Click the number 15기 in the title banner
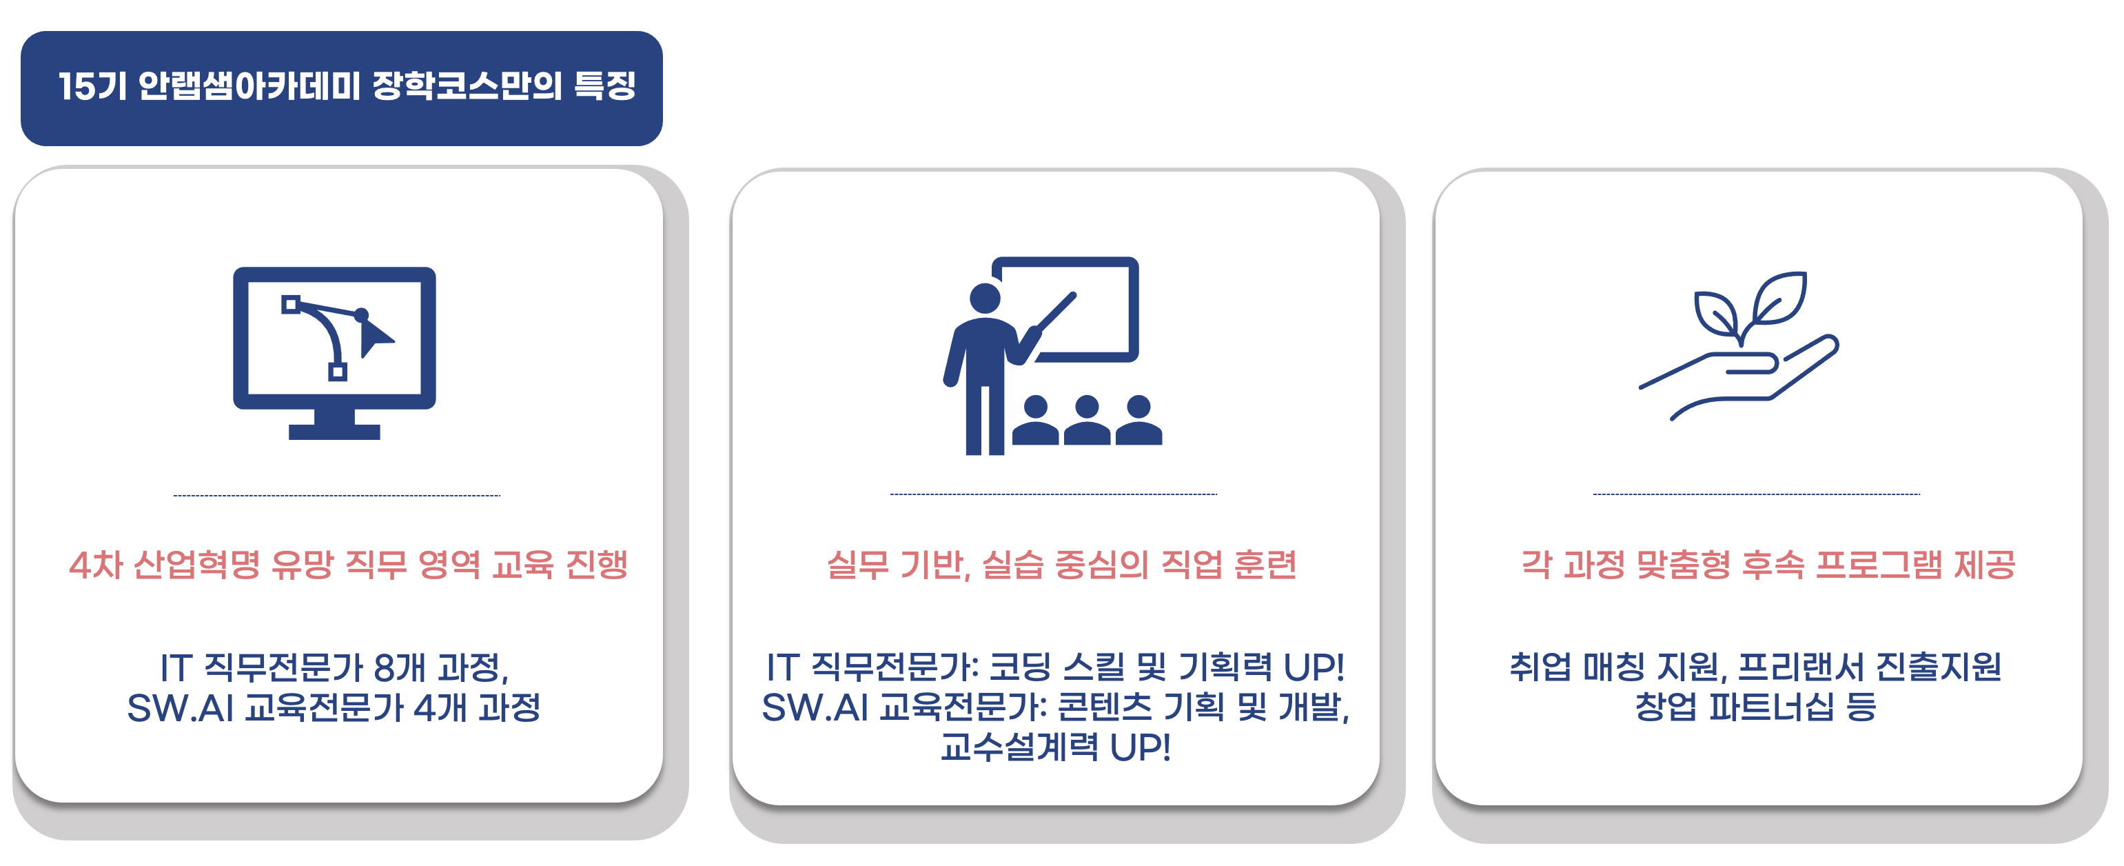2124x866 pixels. click(x=92, y=85)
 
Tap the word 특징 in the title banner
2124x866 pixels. click(x=604, y=85)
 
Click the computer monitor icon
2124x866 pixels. click(x=334, y=352)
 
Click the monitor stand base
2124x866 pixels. click(x=334, y=432)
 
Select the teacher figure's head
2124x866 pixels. click(x=985, y=298)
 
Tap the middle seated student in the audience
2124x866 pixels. click(x=1087, y=421)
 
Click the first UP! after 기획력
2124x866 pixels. click(x=1314, y=667)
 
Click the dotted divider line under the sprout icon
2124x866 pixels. click(x=1756, y=494)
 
